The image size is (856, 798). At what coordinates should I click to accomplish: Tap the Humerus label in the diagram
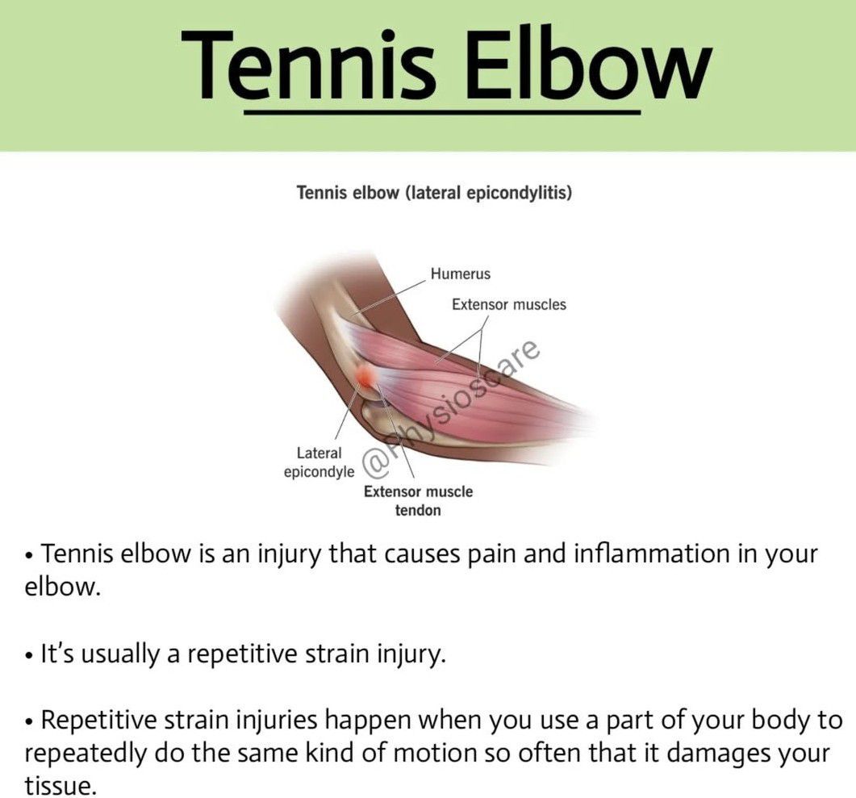point(460,274)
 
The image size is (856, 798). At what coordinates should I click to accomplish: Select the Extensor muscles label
point(509,304)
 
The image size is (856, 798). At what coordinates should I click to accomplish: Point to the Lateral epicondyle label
point(319,462)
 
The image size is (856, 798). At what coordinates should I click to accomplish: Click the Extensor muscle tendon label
point(418,500)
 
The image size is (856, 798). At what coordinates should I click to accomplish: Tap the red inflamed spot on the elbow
point(365,375)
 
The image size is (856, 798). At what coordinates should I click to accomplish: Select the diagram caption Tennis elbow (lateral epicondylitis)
point(434,193)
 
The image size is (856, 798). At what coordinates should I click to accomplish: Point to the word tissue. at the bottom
point(60,786)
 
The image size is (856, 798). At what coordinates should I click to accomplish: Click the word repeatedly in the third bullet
point(86,754)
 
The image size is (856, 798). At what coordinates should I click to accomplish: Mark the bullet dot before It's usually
point(29,655)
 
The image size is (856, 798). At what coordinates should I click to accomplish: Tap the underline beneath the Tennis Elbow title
point(442,112)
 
